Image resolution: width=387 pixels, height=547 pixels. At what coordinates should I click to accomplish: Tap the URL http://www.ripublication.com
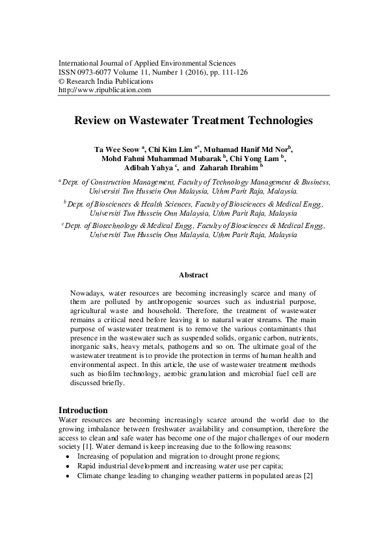105,90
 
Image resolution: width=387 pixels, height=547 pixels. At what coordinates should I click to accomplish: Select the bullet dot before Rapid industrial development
69,466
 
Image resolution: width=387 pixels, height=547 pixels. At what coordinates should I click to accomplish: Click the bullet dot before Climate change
69,476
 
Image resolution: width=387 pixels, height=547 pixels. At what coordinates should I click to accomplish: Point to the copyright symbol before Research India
62,82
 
